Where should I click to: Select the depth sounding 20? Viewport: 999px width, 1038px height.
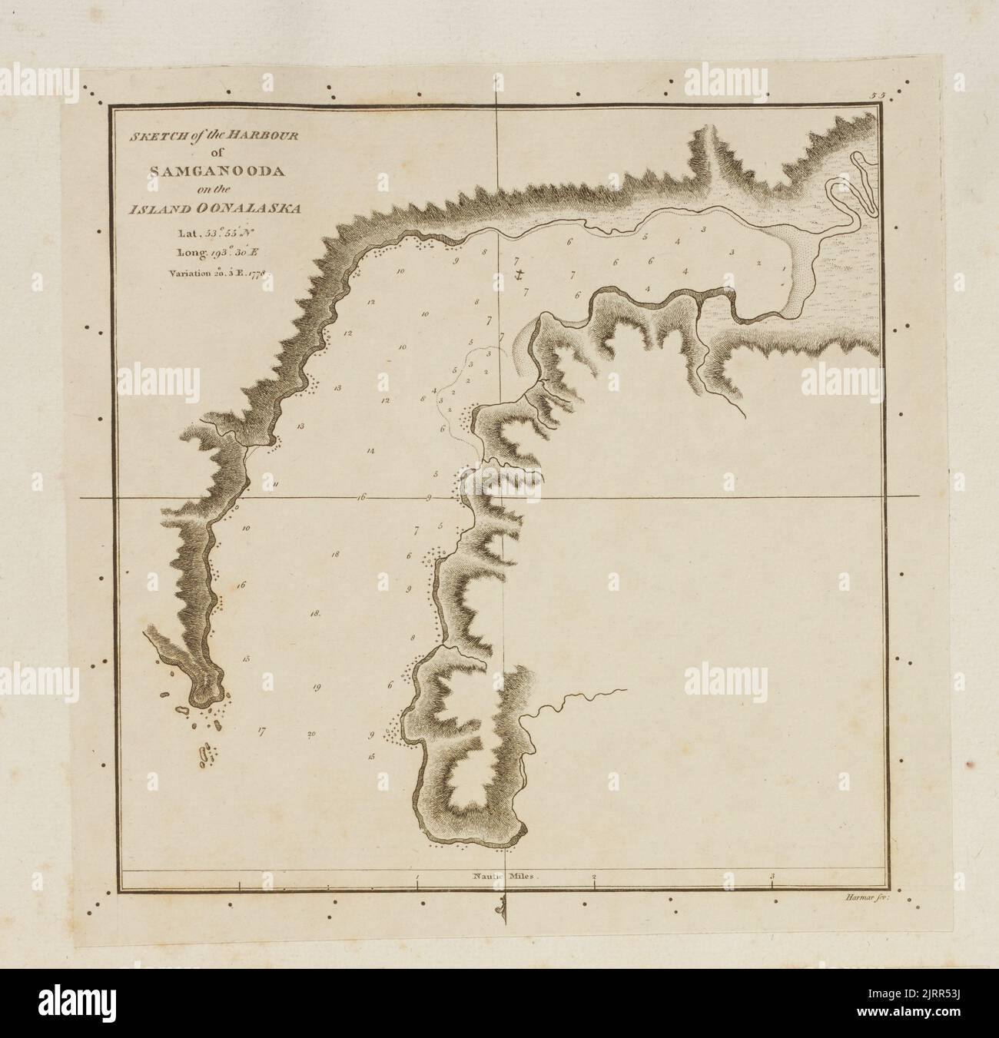click(311, 734)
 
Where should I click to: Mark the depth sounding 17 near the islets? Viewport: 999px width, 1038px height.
click(262, 731)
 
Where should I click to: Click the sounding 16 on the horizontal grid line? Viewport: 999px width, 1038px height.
click(360, 498)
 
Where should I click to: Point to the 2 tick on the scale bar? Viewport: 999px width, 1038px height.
click(594, 876)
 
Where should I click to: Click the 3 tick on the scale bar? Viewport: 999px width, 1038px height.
click(772, 876)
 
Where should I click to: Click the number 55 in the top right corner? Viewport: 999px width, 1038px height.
click(878, 95)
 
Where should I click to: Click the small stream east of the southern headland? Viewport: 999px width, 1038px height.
click(573, 700)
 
